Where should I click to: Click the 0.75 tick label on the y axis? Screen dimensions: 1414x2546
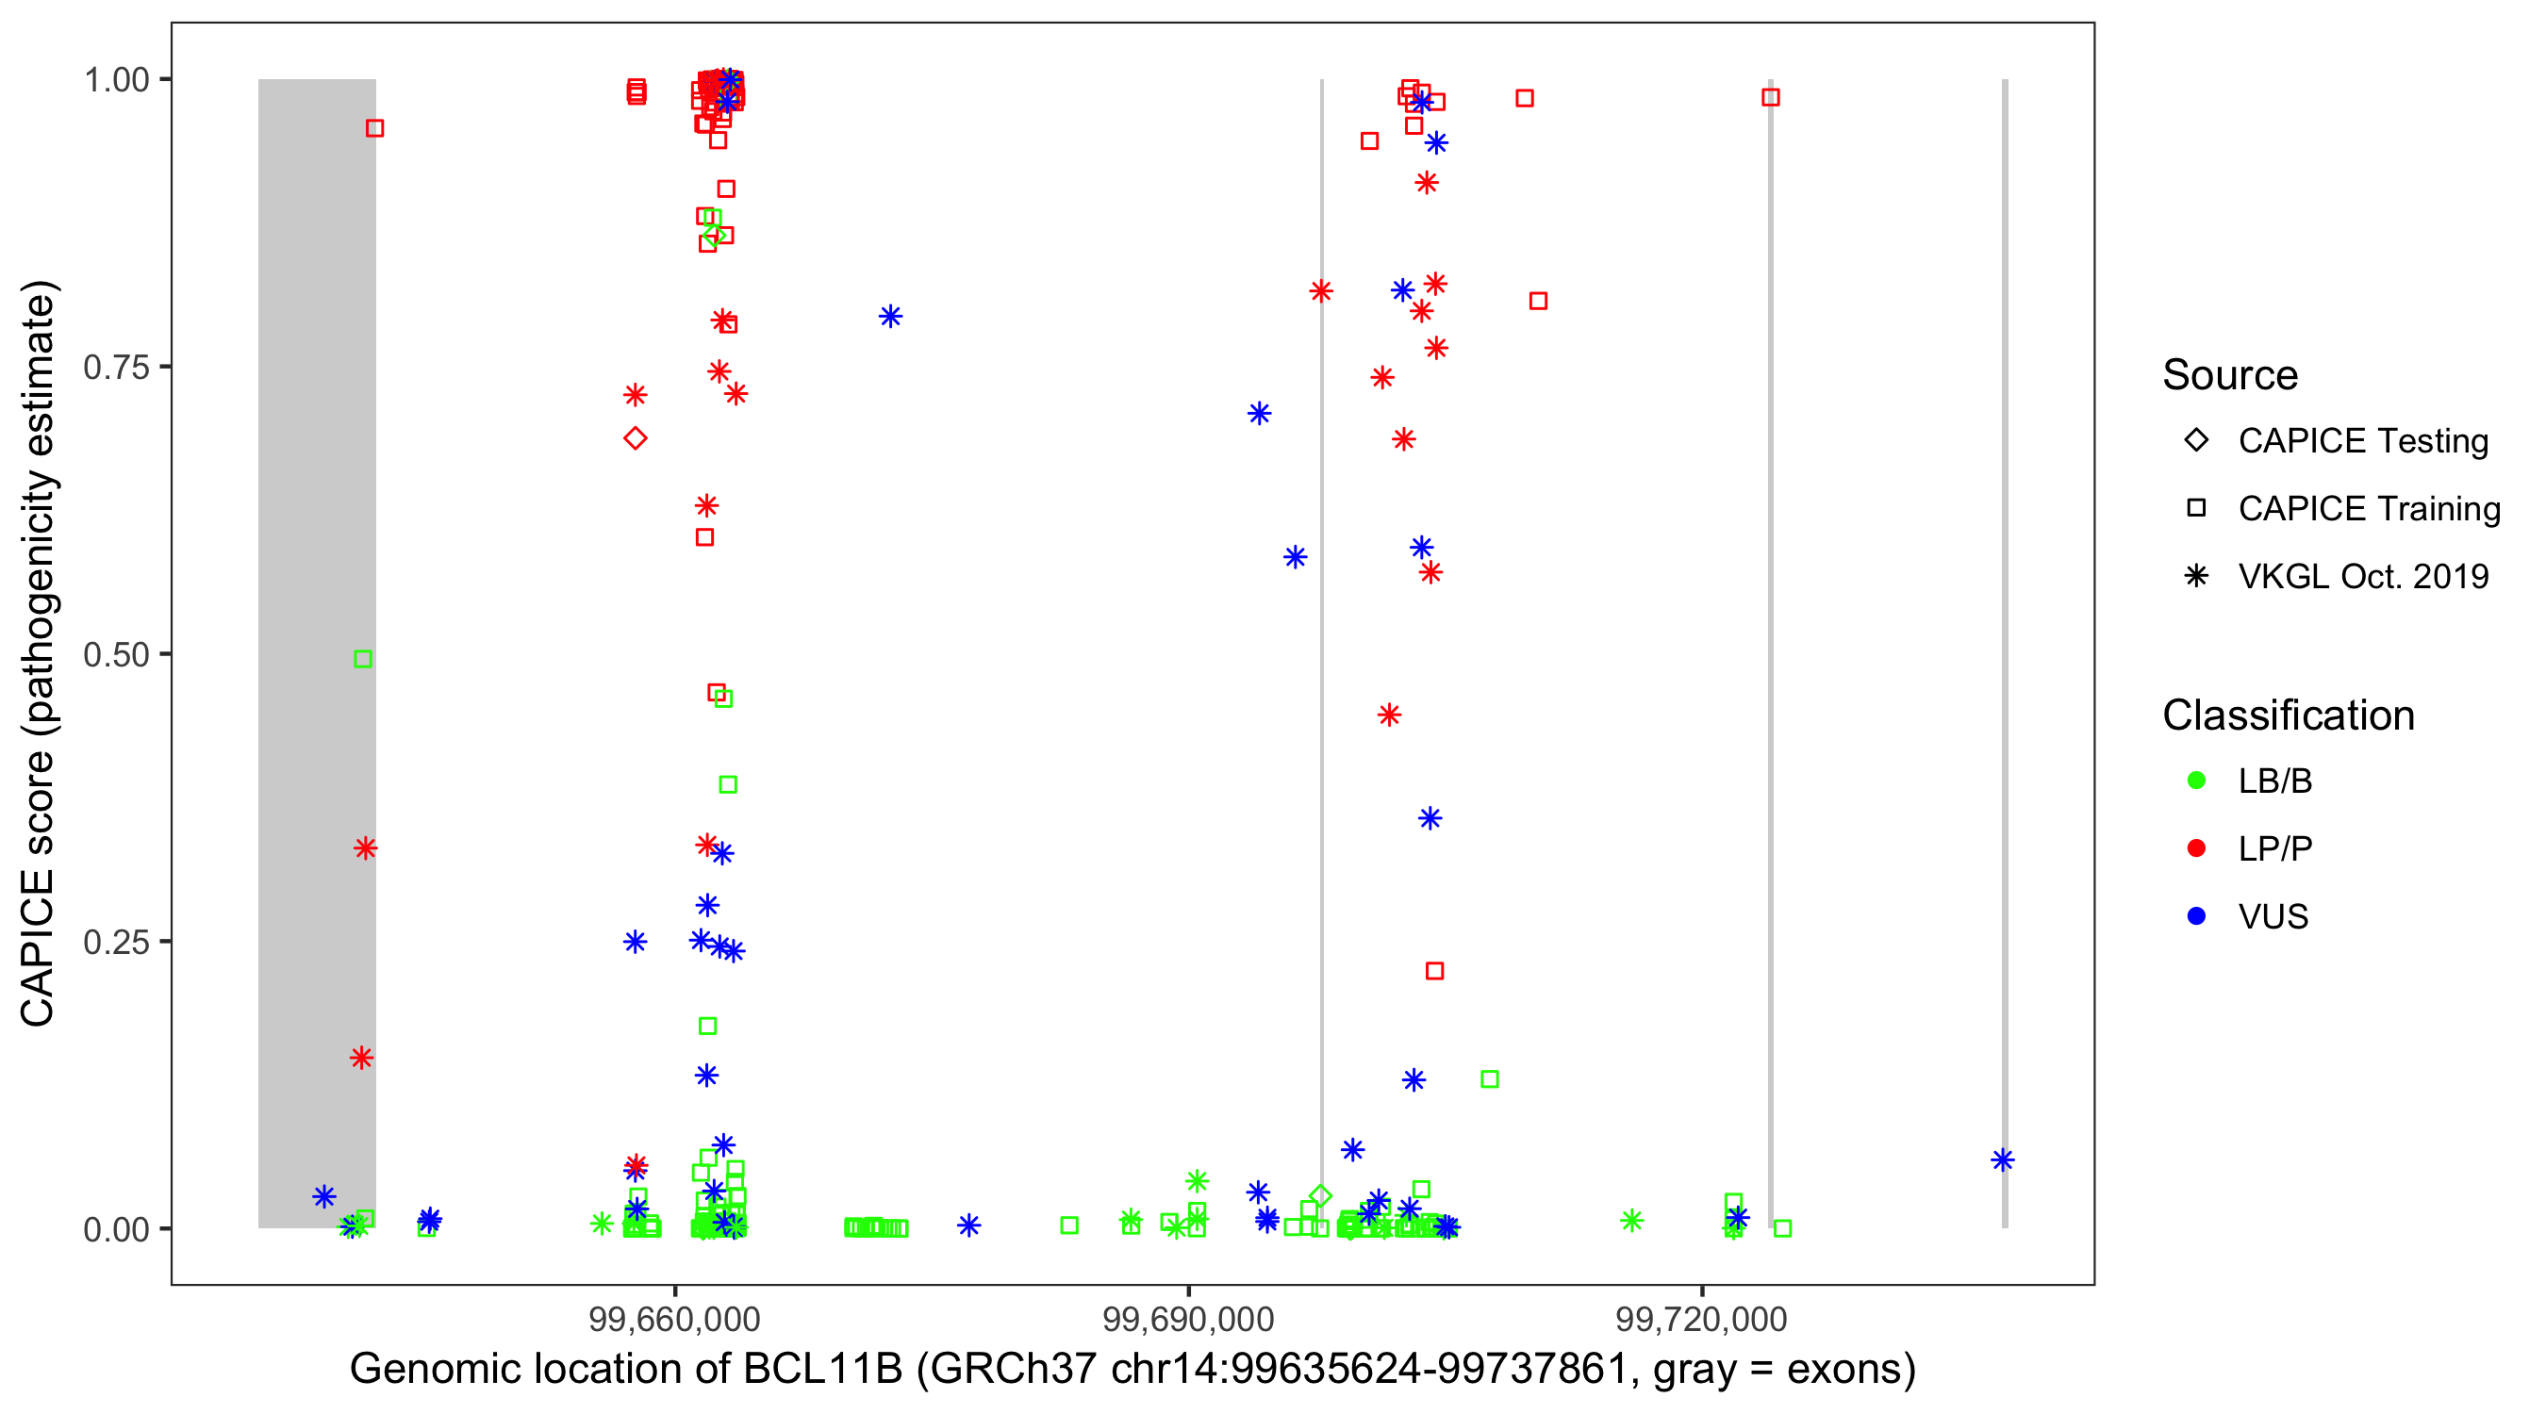(x=116, y=368)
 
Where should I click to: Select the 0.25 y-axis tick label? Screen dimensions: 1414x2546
(x=116, y=942)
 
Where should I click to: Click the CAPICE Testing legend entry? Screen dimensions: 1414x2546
(x=2362, y=441)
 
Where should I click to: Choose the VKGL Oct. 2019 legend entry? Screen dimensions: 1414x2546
(x=2362, y=576)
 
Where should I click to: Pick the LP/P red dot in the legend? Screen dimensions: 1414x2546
(x=2196, y=848)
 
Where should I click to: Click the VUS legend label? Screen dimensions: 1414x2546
(x=2273, y=917)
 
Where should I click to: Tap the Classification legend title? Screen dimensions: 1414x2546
(x=2288, y=715)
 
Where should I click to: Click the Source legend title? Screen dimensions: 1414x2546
(x=2230, y=375)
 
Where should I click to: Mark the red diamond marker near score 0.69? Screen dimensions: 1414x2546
(x=636, y=437)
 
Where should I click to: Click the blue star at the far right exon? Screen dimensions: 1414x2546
(x=2003, y=1160)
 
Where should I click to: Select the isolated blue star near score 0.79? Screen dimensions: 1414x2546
(x=890, y=316)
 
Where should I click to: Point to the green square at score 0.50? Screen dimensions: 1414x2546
(x=363, y=659)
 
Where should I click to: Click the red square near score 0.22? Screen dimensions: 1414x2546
(x=1435, y=971)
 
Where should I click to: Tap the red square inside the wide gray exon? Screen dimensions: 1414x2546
(x=374, y=128)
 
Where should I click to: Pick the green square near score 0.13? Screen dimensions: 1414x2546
(x=1490, y=1079)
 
